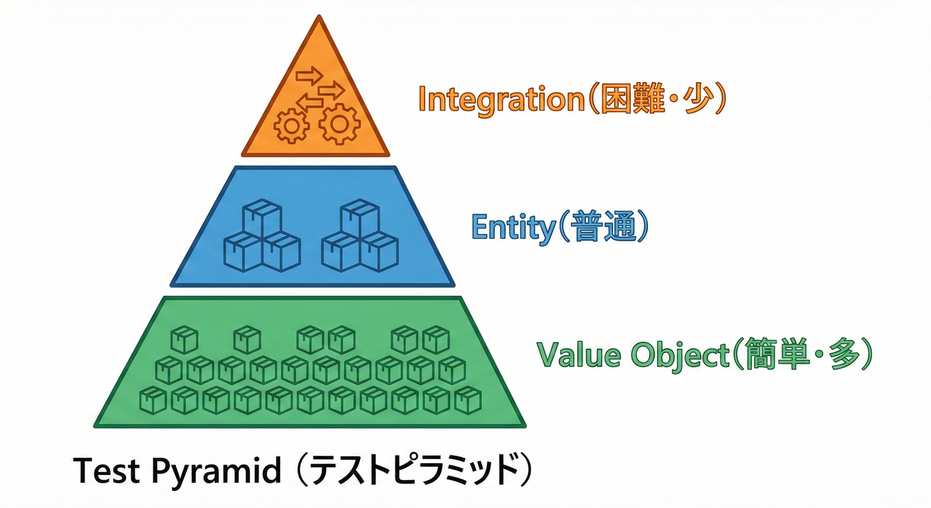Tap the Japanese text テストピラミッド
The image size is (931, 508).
click(413, 472)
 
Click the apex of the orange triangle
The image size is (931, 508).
click(319, 18)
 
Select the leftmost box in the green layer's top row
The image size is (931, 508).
click(184, 339)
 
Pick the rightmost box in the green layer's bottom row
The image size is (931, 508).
click(467, 400)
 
